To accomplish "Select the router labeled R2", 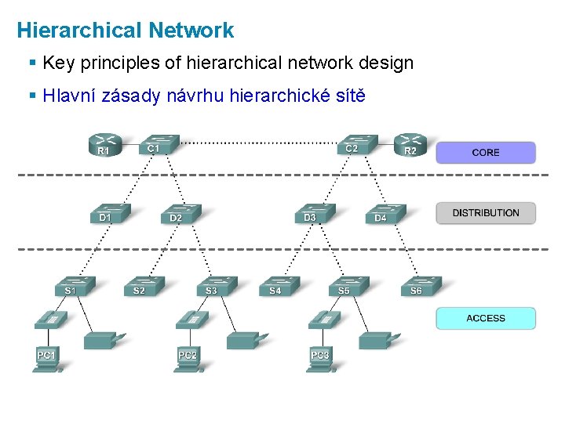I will [x=411, y=146].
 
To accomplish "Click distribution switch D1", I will [x=110, y=213].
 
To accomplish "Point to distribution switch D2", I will [x=180, y=214].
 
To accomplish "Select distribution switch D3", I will [x=315, y=213].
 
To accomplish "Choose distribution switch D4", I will [x=385, y=214].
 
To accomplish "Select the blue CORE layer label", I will [x=486, y=153].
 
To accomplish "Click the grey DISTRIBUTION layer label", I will [x=486, y=213].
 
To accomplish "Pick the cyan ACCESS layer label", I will [x=486, y=318].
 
